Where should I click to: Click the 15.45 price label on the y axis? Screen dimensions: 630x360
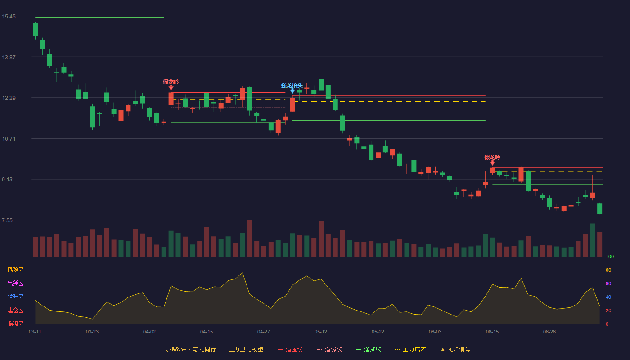pyautogui.click(x=9, y=17)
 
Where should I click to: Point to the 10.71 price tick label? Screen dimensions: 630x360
pyautogui.click(x=9, y=139)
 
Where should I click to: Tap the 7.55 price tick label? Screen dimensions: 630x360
pyautogui.click(x=7, y=220)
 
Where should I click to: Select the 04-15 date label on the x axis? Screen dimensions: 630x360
pyautogui.click(x=207, y=332)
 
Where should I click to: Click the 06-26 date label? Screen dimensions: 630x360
pyautogui.click(x=549, y=332)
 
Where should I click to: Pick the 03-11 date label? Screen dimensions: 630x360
pyautogui.click(x=35, y=332)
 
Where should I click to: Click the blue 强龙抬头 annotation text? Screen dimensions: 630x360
pyautogui.click(x=292, y=85)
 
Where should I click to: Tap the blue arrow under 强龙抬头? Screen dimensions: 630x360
pyautogui.click(x=292, y=91)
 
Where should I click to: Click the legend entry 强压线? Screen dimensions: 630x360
pyautogui.click(x=290, y=349)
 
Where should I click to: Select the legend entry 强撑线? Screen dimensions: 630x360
pyautogui.click(x=369, y=349)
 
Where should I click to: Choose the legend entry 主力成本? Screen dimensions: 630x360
pyautogui.click(x=410, y=349)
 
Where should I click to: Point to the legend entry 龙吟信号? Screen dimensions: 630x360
pyautogui.click(x=455, y=349)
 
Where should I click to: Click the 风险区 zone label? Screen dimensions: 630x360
pyautogui.click(x=15, y=270)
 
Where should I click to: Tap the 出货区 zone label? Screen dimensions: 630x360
pyautogui.click(x=15, y=283)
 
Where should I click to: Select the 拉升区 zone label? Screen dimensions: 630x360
pyautogui.click(x=15, y=297)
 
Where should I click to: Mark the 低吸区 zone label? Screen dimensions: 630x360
pyautogui.click(x=15, y=324)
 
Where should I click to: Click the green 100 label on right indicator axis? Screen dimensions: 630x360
pyautogui.click(x=610, y=256)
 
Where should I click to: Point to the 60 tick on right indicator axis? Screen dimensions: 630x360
pyautogui.click(x=608, y=283)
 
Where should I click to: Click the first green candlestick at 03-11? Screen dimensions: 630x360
pyautogui.click(x=35, y=30)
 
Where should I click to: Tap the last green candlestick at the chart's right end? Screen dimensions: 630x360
pyautogui.click(x=599, y=209)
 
